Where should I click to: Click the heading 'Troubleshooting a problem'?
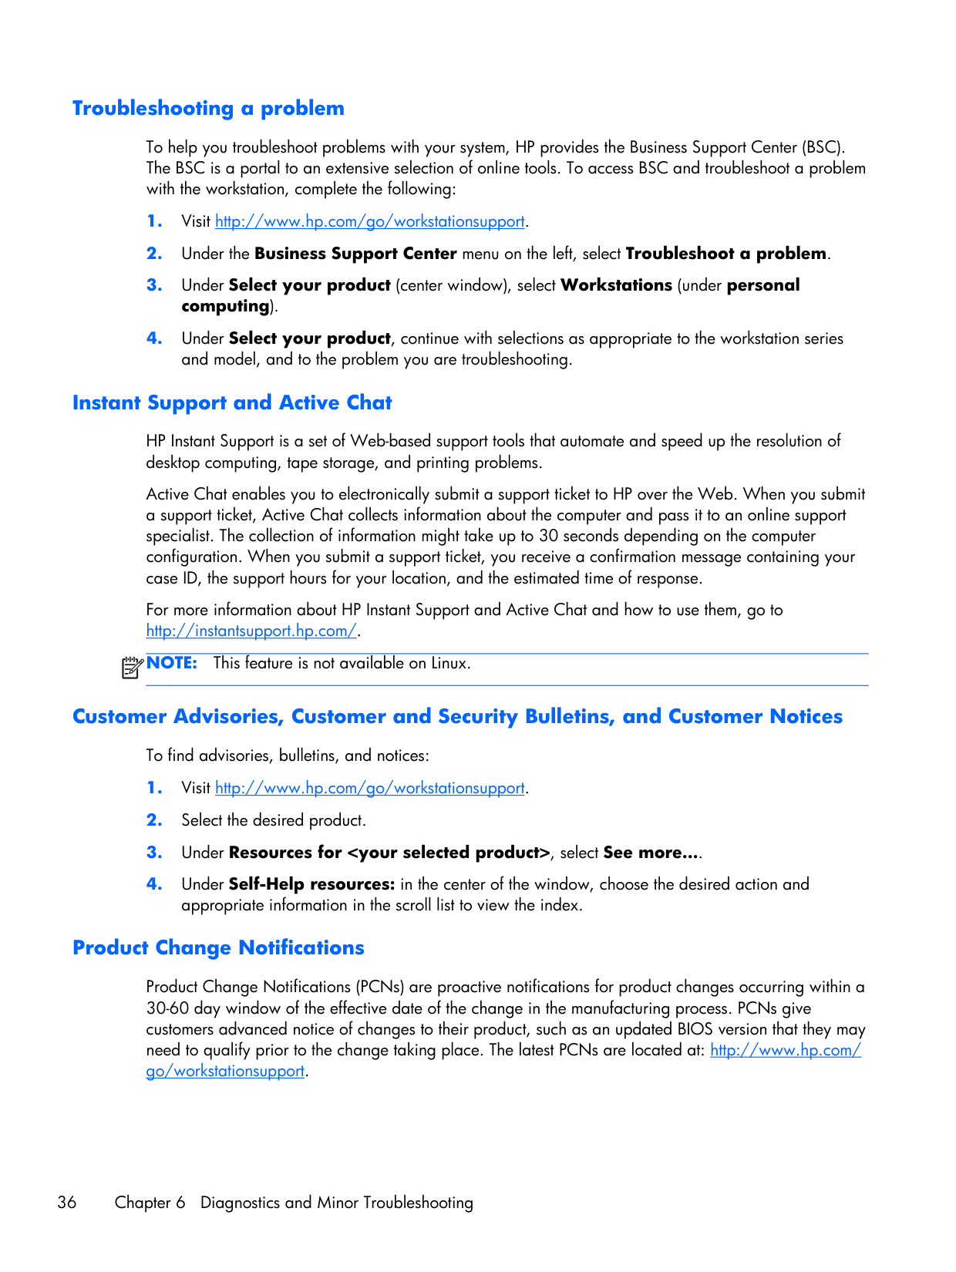[208, 108]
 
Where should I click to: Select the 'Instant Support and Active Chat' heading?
[232, 402]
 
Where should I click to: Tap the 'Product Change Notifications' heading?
[218, 947]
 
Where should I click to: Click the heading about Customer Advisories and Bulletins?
[457, 716]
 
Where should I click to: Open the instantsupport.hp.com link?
[251, 631]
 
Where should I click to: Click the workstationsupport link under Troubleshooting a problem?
[369, 221]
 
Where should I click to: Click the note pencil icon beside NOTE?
[132, 666]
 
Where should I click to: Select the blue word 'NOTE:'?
[172, 663]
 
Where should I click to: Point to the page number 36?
[67, 1203]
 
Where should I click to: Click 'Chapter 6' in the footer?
[150, 1203]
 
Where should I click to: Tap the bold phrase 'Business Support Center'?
[355, 254]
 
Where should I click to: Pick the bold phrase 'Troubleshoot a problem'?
[725, 254]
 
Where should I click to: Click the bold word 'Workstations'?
[616, 285]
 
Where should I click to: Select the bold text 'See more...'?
[651, 853]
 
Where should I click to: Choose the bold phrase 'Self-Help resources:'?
[311, 884]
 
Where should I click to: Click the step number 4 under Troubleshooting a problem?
[154, 338]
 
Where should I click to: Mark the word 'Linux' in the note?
[449, 663]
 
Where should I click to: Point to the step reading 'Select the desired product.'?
[274, 820]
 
